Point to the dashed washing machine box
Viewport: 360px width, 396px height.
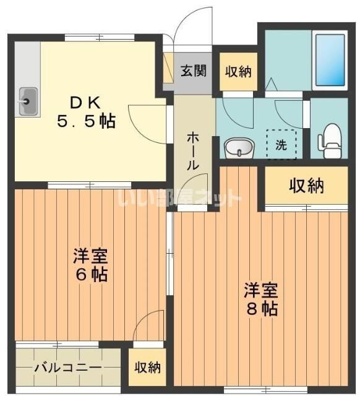click(x=281, y=145)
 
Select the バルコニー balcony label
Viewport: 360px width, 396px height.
click(x=67, y=368)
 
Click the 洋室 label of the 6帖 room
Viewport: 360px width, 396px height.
click(x=90, y=255)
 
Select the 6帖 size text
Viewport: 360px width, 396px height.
click(x=90, y=274)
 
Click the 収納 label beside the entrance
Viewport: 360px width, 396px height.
click(x=238, y=72)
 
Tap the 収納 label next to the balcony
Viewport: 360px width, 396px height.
click(x=148, y=368)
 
